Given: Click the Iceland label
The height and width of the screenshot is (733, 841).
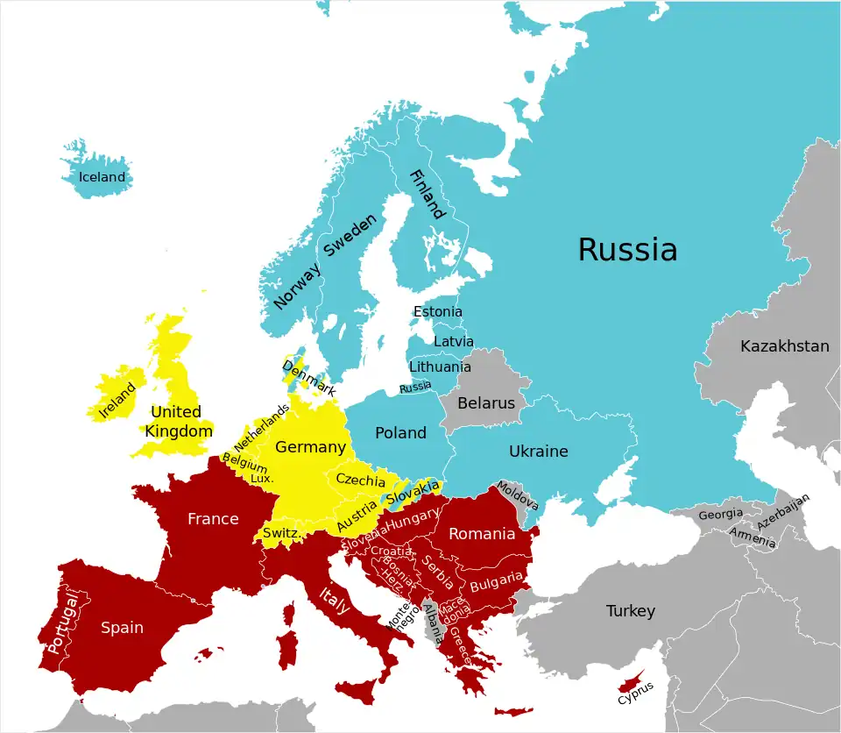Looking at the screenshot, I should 102,177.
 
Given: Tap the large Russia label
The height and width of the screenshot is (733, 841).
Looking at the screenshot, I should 627,250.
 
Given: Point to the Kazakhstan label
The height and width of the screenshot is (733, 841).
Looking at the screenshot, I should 784,346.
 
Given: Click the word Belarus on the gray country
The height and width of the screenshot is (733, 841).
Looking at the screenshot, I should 485,403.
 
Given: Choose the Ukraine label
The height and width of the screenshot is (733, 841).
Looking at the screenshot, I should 538,452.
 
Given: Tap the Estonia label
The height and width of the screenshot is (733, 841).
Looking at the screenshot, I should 437,311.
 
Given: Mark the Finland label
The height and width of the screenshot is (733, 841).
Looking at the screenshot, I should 428,194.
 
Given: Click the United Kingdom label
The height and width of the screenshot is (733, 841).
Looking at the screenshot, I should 178,421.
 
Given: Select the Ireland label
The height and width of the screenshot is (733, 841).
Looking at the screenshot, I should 117,400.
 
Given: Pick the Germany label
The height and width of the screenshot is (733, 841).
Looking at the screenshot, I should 310,447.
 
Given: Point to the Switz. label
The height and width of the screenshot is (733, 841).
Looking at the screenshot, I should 282,532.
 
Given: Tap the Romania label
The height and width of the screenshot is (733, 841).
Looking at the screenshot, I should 481,533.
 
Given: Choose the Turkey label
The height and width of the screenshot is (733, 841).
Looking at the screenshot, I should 630,611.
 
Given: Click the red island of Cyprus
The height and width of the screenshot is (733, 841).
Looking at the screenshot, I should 630,680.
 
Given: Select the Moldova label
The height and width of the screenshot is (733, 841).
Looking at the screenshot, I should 517,496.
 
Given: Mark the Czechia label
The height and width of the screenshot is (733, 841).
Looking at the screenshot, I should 360,480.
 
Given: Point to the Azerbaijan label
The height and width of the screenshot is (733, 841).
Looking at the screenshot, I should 783,511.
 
